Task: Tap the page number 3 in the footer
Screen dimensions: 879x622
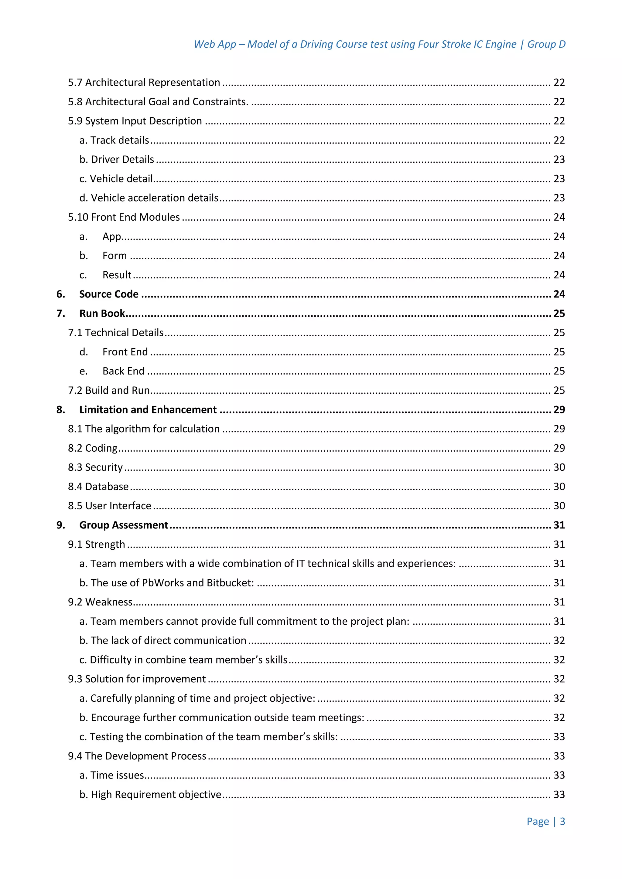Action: point(562,821)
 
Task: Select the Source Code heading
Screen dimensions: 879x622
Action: point(109,294)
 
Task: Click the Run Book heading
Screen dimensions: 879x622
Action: point(102,313)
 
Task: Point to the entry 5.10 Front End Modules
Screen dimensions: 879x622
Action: point(124,217)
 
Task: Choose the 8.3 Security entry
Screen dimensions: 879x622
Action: point(95,467)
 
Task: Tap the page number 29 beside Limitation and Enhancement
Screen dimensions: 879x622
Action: point(559,410)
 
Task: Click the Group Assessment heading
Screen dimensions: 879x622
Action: point(123,525)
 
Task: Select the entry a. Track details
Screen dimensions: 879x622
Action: point(114,140)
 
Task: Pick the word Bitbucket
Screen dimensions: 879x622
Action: point(229,583)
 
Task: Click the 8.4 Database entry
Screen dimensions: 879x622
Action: point(98,487)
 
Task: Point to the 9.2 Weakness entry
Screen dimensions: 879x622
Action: point(100,602)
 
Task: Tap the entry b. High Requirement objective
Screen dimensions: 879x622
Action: point(150,794)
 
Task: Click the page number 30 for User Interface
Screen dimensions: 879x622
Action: point(559,506)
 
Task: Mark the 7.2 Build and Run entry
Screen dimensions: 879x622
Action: point(109,390)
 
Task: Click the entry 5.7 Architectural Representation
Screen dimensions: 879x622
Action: point(144,82)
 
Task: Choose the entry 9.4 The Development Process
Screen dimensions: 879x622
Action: point(137,756)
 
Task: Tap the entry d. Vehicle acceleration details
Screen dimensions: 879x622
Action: point(149,198)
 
